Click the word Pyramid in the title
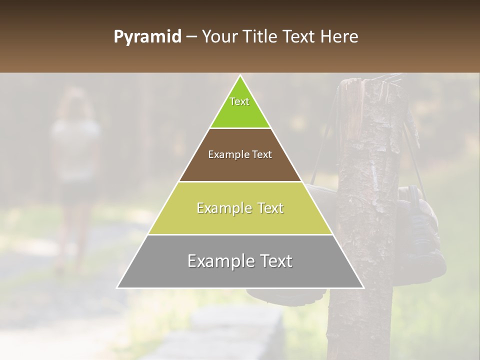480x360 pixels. click(x=147, y=37)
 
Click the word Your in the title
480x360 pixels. click(x=218, y=37)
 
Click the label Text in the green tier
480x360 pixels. click(x=239, y=101)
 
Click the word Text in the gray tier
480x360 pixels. click(x=272, y=261)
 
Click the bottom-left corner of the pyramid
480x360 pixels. click(x=117, y=287)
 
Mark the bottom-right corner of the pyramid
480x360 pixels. click(x=363, y=287)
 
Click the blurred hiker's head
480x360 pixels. click(x=75, y=102)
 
